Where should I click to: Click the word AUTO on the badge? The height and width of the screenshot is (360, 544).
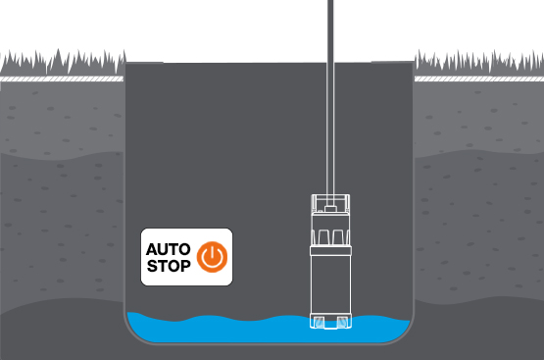(166, 247)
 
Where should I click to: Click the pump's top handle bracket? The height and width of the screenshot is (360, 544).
(332, 203)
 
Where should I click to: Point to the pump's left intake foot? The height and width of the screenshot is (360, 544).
(318, 322)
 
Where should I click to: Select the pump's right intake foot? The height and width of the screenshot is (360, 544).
(346, 322)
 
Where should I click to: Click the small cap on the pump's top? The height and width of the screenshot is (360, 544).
(332, 207)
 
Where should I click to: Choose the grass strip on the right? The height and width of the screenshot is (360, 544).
(479, 64)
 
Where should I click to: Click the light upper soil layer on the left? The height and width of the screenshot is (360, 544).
(59, 118)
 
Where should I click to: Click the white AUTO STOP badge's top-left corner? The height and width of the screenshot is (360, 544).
(144, 231)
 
